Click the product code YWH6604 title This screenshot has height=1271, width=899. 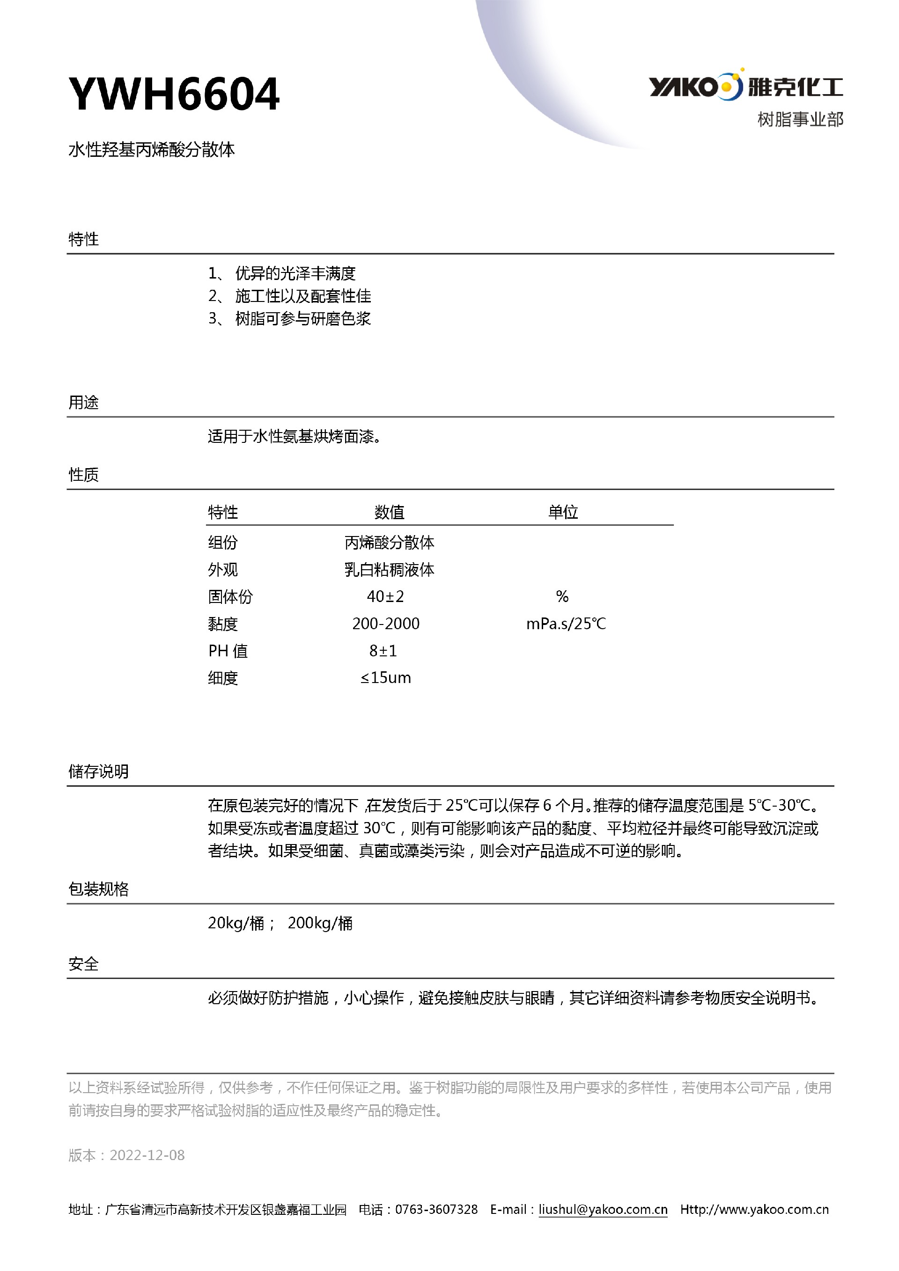click(174, 94)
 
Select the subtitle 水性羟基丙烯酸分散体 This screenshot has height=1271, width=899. click(152, 149)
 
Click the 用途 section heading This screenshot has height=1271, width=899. click(84, 403)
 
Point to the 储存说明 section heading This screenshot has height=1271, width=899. click(98, 771)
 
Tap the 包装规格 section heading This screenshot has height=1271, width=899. click(98, 889)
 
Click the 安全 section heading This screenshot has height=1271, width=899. click(84, 964)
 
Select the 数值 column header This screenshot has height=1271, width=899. click(389, 512)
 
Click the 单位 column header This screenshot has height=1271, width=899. click(563, 512)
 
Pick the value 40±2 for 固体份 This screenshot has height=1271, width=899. click(385, 597)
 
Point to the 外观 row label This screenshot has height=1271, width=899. click(222, 570)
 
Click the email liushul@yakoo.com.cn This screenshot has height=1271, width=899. click(603, 1210)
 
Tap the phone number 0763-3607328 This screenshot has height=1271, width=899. click(436, 1210)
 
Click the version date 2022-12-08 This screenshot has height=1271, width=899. click(147, 1155)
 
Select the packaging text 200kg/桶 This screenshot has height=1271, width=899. click(320, 923)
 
